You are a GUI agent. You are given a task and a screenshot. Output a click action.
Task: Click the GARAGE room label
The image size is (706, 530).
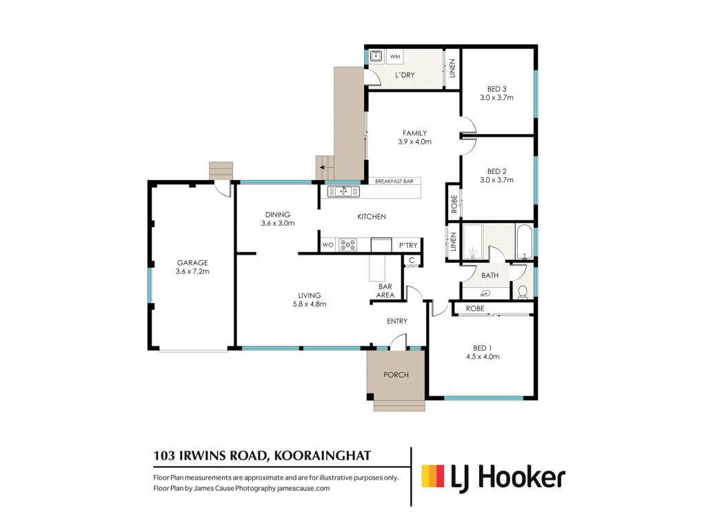click(192, 263)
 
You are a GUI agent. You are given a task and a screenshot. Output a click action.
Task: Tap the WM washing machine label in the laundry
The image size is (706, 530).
click(395, 57)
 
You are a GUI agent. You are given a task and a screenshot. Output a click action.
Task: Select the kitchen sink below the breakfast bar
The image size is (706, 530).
click(343, 192)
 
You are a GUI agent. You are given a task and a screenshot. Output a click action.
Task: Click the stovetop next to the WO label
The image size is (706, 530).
click(347, 245)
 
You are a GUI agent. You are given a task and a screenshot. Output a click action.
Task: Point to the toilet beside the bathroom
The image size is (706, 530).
click(523, 293)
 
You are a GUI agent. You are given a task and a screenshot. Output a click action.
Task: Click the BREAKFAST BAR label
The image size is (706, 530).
click(394, 181)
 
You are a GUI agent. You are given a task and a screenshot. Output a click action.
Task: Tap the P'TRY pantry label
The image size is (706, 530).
click(408, 245)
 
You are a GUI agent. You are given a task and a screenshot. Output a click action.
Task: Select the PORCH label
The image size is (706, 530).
click(396, 375)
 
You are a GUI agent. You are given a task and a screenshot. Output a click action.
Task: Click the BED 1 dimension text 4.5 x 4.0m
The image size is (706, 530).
click(483, 357)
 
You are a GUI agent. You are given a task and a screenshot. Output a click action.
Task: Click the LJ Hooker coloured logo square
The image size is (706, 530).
click(433, 476)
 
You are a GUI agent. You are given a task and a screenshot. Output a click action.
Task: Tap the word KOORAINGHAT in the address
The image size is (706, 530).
click(323, 455)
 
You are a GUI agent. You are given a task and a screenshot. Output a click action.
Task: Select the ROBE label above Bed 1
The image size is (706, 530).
click(475, 308)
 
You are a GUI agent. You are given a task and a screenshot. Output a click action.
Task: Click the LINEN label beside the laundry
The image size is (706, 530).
click(452, 68)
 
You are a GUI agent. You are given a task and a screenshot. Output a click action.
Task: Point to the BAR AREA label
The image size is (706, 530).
click(385, 291)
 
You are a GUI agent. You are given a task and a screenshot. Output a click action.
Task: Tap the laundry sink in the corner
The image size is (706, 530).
click(376, 56)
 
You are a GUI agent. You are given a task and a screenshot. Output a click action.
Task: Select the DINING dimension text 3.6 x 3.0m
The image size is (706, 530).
click(278, 223)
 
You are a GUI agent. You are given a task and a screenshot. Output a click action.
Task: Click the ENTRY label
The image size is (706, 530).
click(397, 321)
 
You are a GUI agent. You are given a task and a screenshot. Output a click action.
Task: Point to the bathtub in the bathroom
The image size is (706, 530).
click(524, 242)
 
